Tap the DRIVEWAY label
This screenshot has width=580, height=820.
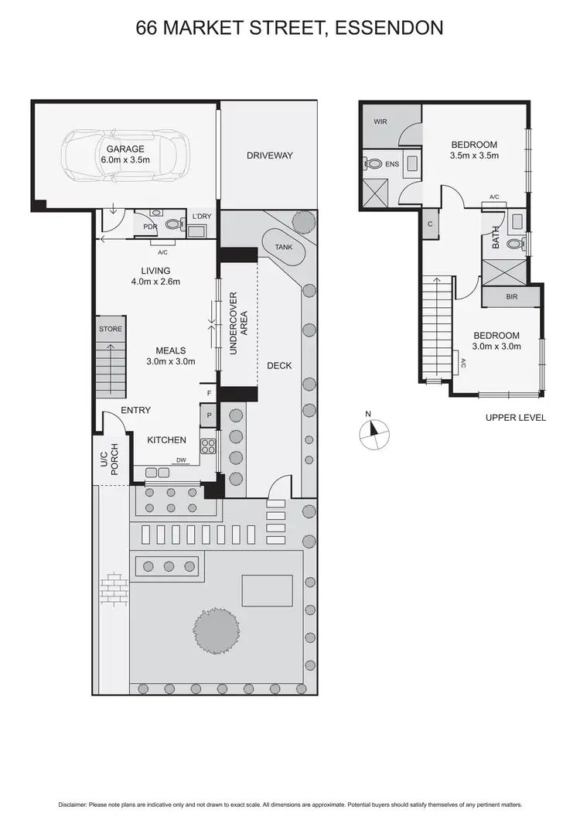point(269,155)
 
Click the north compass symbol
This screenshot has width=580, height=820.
point(373,434)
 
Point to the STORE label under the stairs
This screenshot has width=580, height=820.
point(110,330)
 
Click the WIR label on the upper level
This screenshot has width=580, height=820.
point(380,122)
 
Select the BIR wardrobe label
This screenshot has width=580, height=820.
point(511,297)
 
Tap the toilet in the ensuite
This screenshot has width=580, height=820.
point(375,163)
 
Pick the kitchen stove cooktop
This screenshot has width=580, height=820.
point(208,446)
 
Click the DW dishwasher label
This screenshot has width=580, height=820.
point(181,460)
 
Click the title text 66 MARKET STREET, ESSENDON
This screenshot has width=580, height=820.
point(289,29)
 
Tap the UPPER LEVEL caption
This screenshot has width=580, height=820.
point(515,418)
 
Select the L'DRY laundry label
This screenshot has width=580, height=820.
point(201,216)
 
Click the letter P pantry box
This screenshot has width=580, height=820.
point(209,417)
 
